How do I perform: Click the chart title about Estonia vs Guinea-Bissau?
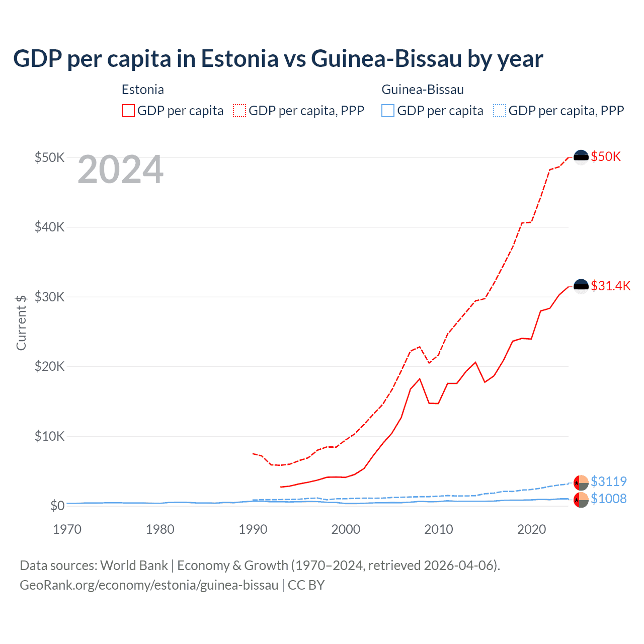(278, 59)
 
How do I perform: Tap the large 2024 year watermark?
(120, 170)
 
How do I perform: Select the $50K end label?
(606, 156)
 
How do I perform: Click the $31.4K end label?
(610, 286)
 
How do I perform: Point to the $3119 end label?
(608, 481)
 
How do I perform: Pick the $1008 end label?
(608, 499)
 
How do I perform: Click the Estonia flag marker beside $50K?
(581, 157)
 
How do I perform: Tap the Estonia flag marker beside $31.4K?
(581, 286)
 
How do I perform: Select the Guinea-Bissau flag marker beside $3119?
(581, 482)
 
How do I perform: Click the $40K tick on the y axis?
(49, 227)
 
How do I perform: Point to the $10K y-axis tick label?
(49, 436)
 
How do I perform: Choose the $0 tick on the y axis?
(57, 506)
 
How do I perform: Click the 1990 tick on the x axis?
(253, 529)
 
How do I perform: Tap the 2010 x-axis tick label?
(439, 529)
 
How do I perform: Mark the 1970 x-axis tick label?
(67, 529)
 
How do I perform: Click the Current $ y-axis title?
(21, 323)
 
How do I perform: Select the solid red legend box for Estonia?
(128, 111)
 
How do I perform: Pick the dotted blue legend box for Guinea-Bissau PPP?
(500, 111)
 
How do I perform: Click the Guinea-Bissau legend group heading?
(423, 90)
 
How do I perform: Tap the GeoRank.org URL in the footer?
(149, 585)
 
